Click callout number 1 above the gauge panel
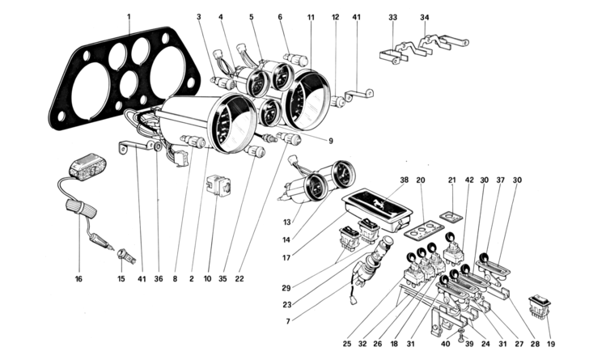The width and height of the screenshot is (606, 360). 129,17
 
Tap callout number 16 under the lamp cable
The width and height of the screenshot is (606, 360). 78,279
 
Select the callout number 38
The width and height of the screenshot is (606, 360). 405,180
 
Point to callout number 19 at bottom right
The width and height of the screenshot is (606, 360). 551,344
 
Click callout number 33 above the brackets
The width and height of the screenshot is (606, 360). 392,17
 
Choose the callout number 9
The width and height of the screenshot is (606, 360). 331,142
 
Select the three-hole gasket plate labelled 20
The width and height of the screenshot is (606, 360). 425,228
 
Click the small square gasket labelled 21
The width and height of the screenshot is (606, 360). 451,217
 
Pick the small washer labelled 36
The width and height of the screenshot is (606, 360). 158,146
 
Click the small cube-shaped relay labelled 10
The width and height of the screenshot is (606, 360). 218,186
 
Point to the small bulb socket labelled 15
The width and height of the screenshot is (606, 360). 127,256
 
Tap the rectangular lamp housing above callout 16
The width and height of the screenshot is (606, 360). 87,167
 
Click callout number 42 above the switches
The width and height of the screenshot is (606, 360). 469,180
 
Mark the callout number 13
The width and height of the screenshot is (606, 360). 286,222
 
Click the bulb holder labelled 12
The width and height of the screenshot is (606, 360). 338,103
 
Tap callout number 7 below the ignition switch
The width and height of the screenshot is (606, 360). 288,321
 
